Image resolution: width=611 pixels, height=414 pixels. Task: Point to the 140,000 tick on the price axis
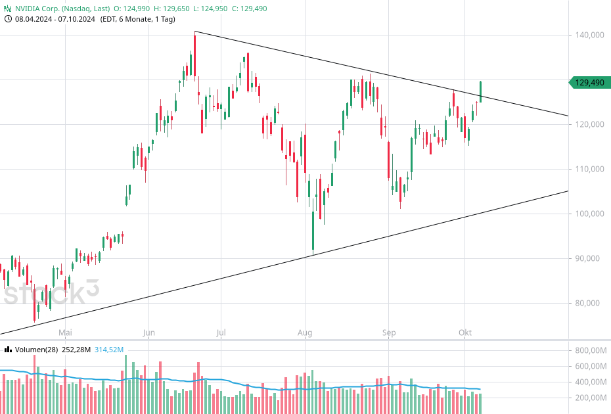pos(589,35)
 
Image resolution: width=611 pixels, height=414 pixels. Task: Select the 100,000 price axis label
pos(589,214)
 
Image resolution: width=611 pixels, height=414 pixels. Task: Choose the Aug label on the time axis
pos(304,333)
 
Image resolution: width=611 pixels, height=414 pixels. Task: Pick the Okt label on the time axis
pos(465,333)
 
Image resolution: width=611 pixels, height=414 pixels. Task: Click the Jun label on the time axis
pos(148,333)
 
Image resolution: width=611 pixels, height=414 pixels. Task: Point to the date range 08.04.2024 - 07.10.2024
pos(55,19)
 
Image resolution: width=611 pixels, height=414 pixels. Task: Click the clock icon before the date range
pos(8,19)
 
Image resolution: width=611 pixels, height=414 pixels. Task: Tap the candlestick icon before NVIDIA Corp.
pos(8,9)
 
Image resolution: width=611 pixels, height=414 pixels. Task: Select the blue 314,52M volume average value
pos(109,350)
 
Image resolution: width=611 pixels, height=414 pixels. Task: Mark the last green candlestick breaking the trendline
pos(481,91)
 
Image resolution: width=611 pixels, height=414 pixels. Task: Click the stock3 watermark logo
pos(51,293)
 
